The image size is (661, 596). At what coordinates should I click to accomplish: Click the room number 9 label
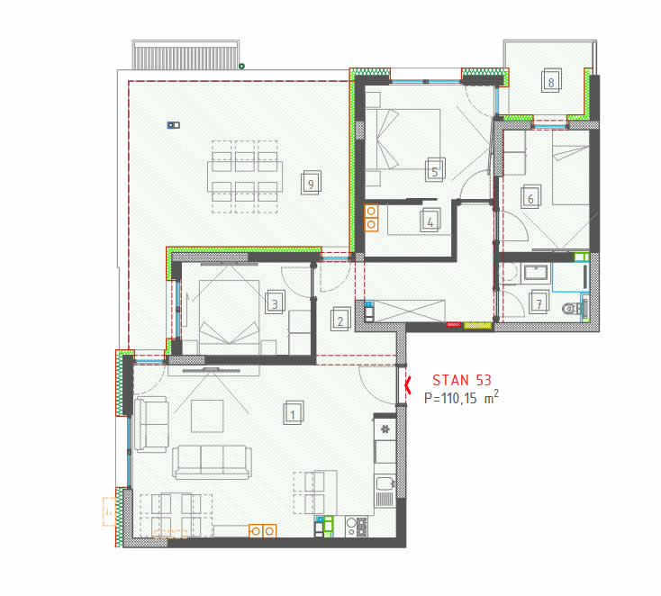click(311, 183)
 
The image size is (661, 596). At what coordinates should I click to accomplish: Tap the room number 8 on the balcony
click(551, 81)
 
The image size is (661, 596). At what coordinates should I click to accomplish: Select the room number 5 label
click(435, 170)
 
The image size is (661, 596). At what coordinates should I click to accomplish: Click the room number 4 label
click(430, 221)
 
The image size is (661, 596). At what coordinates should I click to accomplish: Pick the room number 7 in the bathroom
click(539, 303)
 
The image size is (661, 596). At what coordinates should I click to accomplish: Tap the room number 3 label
click(275, 303)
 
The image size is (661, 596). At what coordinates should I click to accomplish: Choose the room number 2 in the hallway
click(340, 320)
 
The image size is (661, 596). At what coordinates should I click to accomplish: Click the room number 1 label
click(294, 413)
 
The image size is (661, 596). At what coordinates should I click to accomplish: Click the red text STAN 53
click(462, 380)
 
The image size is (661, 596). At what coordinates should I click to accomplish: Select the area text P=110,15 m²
click(461, 397)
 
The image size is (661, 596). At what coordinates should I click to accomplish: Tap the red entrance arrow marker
click(407, 384)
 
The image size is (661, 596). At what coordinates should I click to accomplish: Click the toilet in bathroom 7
click(574, 308)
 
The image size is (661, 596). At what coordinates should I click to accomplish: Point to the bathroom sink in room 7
click(536, 273)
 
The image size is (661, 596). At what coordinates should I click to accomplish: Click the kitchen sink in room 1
click(385, 490)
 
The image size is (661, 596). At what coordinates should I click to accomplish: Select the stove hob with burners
click(357, 526)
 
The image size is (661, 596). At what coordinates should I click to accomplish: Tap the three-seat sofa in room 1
click(212, 462)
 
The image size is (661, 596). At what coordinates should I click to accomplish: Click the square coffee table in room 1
click(207, 416)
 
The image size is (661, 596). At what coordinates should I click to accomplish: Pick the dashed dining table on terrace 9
click(245, 176)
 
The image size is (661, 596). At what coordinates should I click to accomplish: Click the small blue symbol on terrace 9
click(173, 125)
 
